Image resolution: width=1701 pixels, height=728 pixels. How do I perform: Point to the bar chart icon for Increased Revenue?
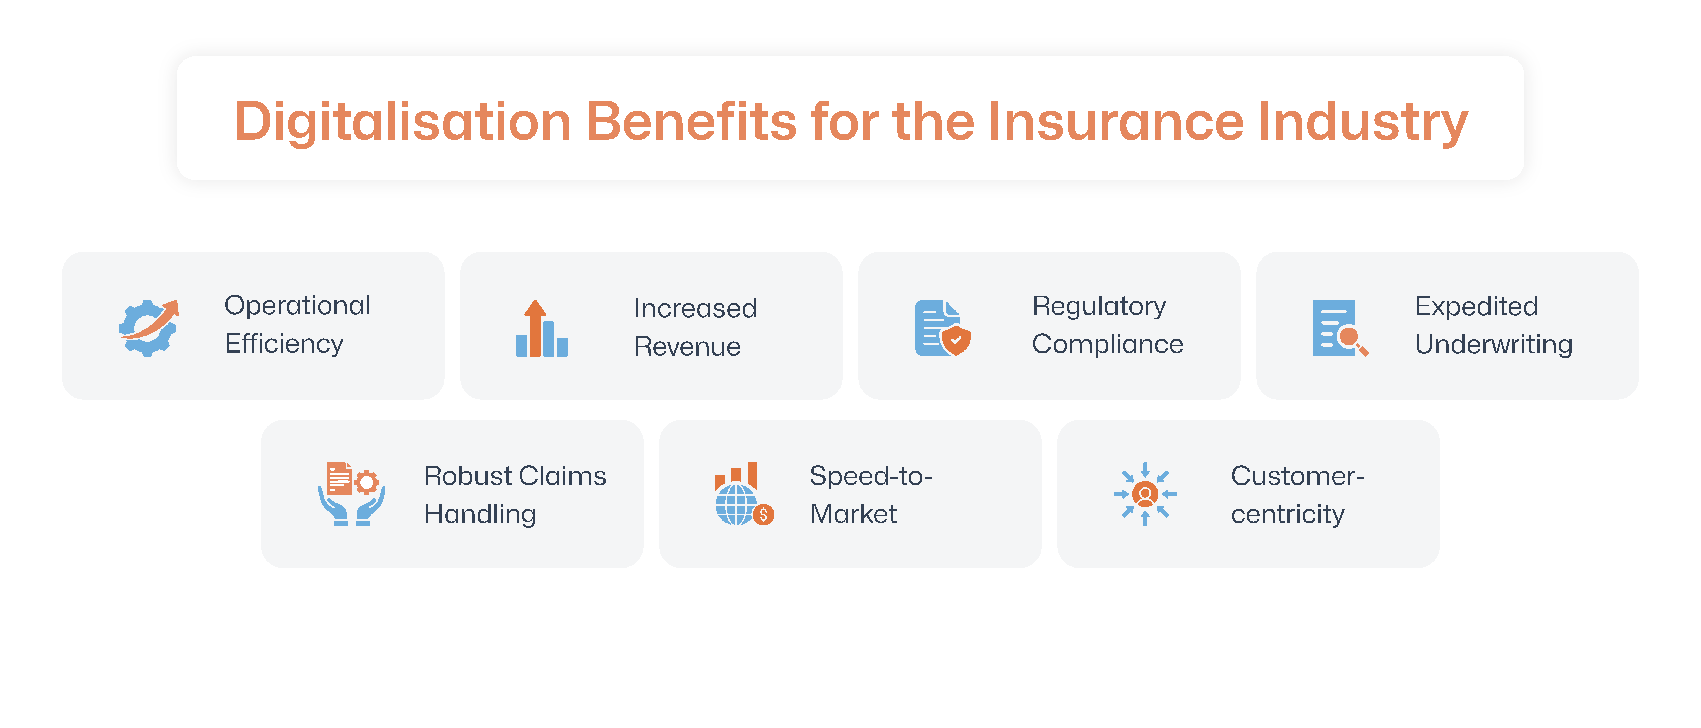point(542,328)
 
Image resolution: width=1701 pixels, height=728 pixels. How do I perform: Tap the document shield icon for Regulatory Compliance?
point(942,328)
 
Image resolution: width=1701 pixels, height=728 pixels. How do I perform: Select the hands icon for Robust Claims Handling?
point(351,494)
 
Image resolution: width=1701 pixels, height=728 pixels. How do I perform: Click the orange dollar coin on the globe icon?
point(763,514)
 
